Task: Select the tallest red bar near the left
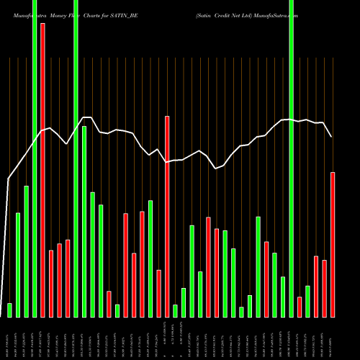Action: (42, 170)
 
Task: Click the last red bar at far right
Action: (333, 245)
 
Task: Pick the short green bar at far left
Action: (9, 310)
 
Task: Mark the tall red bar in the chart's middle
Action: (167, 216)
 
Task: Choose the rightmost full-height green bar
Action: (291, 158)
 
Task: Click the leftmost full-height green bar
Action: (35, 158)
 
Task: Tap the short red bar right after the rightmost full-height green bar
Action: (300, 307)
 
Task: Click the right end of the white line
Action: (331, 136)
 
